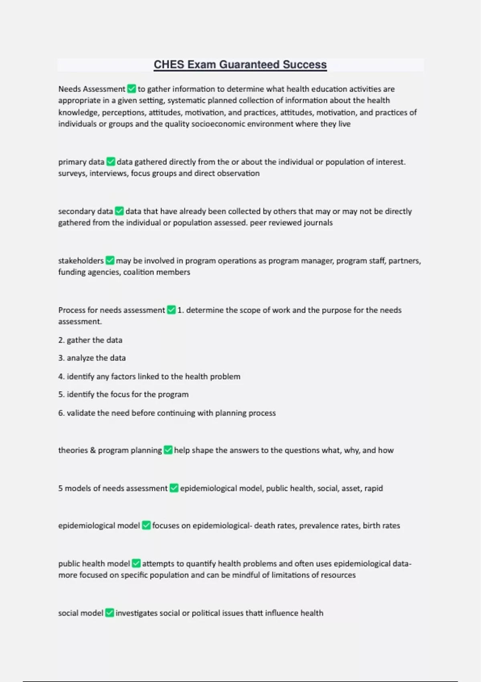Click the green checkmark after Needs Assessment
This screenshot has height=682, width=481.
[131, 89]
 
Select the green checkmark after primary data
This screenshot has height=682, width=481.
[111, 162]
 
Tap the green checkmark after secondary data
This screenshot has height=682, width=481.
[119, 211]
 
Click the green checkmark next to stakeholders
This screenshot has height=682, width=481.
[110, 260]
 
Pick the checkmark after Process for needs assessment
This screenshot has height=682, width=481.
[171, 310]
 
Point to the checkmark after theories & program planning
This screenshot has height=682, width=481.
[168, 450]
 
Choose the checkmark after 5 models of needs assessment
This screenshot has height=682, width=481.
[174, 488]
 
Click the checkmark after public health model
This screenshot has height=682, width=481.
[136, 563]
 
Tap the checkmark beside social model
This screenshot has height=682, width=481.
[109, 613]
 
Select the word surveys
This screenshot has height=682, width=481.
[73, 173]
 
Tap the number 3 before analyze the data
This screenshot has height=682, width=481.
[61, 358]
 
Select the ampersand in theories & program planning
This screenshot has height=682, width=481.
[93, 450]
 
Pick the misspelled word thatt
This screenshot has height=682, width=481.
[254, 613]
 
